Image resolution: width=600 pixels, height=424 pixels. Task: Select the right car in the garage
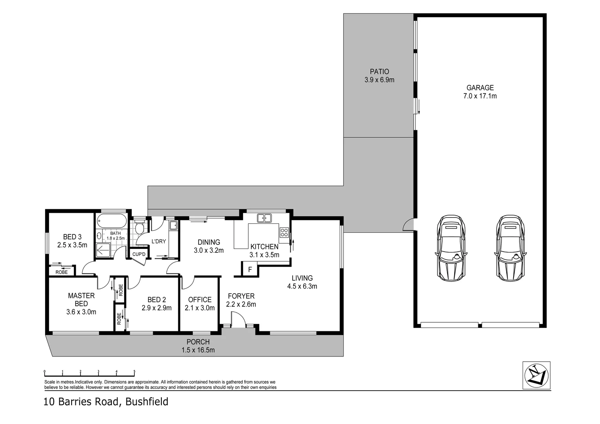click(510, 248)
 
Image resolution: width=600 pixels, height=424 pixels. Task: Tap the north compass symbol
click(536, 375)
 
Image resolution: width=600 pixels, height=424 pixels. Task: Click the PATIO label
click(379, 71)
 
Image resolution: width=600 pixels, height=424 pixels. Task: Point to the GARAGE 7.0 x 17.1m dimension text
click(480, 96)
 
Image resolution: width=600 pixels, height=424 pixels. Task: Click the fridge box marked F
click(250, 270)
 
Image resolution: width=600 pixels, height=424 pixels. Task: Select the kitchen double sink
click(264, 218)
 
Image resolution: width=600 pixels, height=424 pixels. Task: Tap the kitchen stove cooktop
click(284, 232)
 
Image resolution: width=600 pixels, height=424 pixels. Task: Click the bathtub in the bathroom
click(112, 221)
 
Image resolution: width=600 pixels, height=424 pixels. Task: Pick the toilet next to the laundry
click(139, 228)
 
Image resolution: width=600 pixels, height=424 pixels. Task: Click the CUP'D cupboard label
click(139, 254)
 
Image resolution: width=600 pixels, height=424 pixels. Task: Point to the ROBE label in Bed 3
click(61, 272)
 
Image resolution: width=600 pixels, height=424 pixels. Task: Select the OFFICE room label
click(199, 300)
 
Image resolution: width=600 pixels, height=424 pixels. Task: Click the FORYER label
click(241, 296)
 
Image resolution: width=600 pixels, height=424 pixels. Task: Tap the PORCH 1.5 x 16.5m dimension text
click(198, 350)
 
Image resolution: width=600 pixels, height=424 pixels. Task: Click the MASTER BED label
click(81, 300)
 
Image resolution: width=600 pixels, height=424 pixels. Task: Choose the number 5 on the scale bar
click(134, 371)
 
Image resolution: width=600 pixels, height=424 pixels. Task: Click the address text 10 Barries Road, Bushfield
click(106, 402)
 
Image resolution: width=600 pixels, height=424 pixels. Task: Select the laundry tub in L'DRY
click(173, 225)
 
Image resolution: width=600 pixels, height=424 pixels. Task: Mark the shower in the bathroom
click(103, 250)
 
